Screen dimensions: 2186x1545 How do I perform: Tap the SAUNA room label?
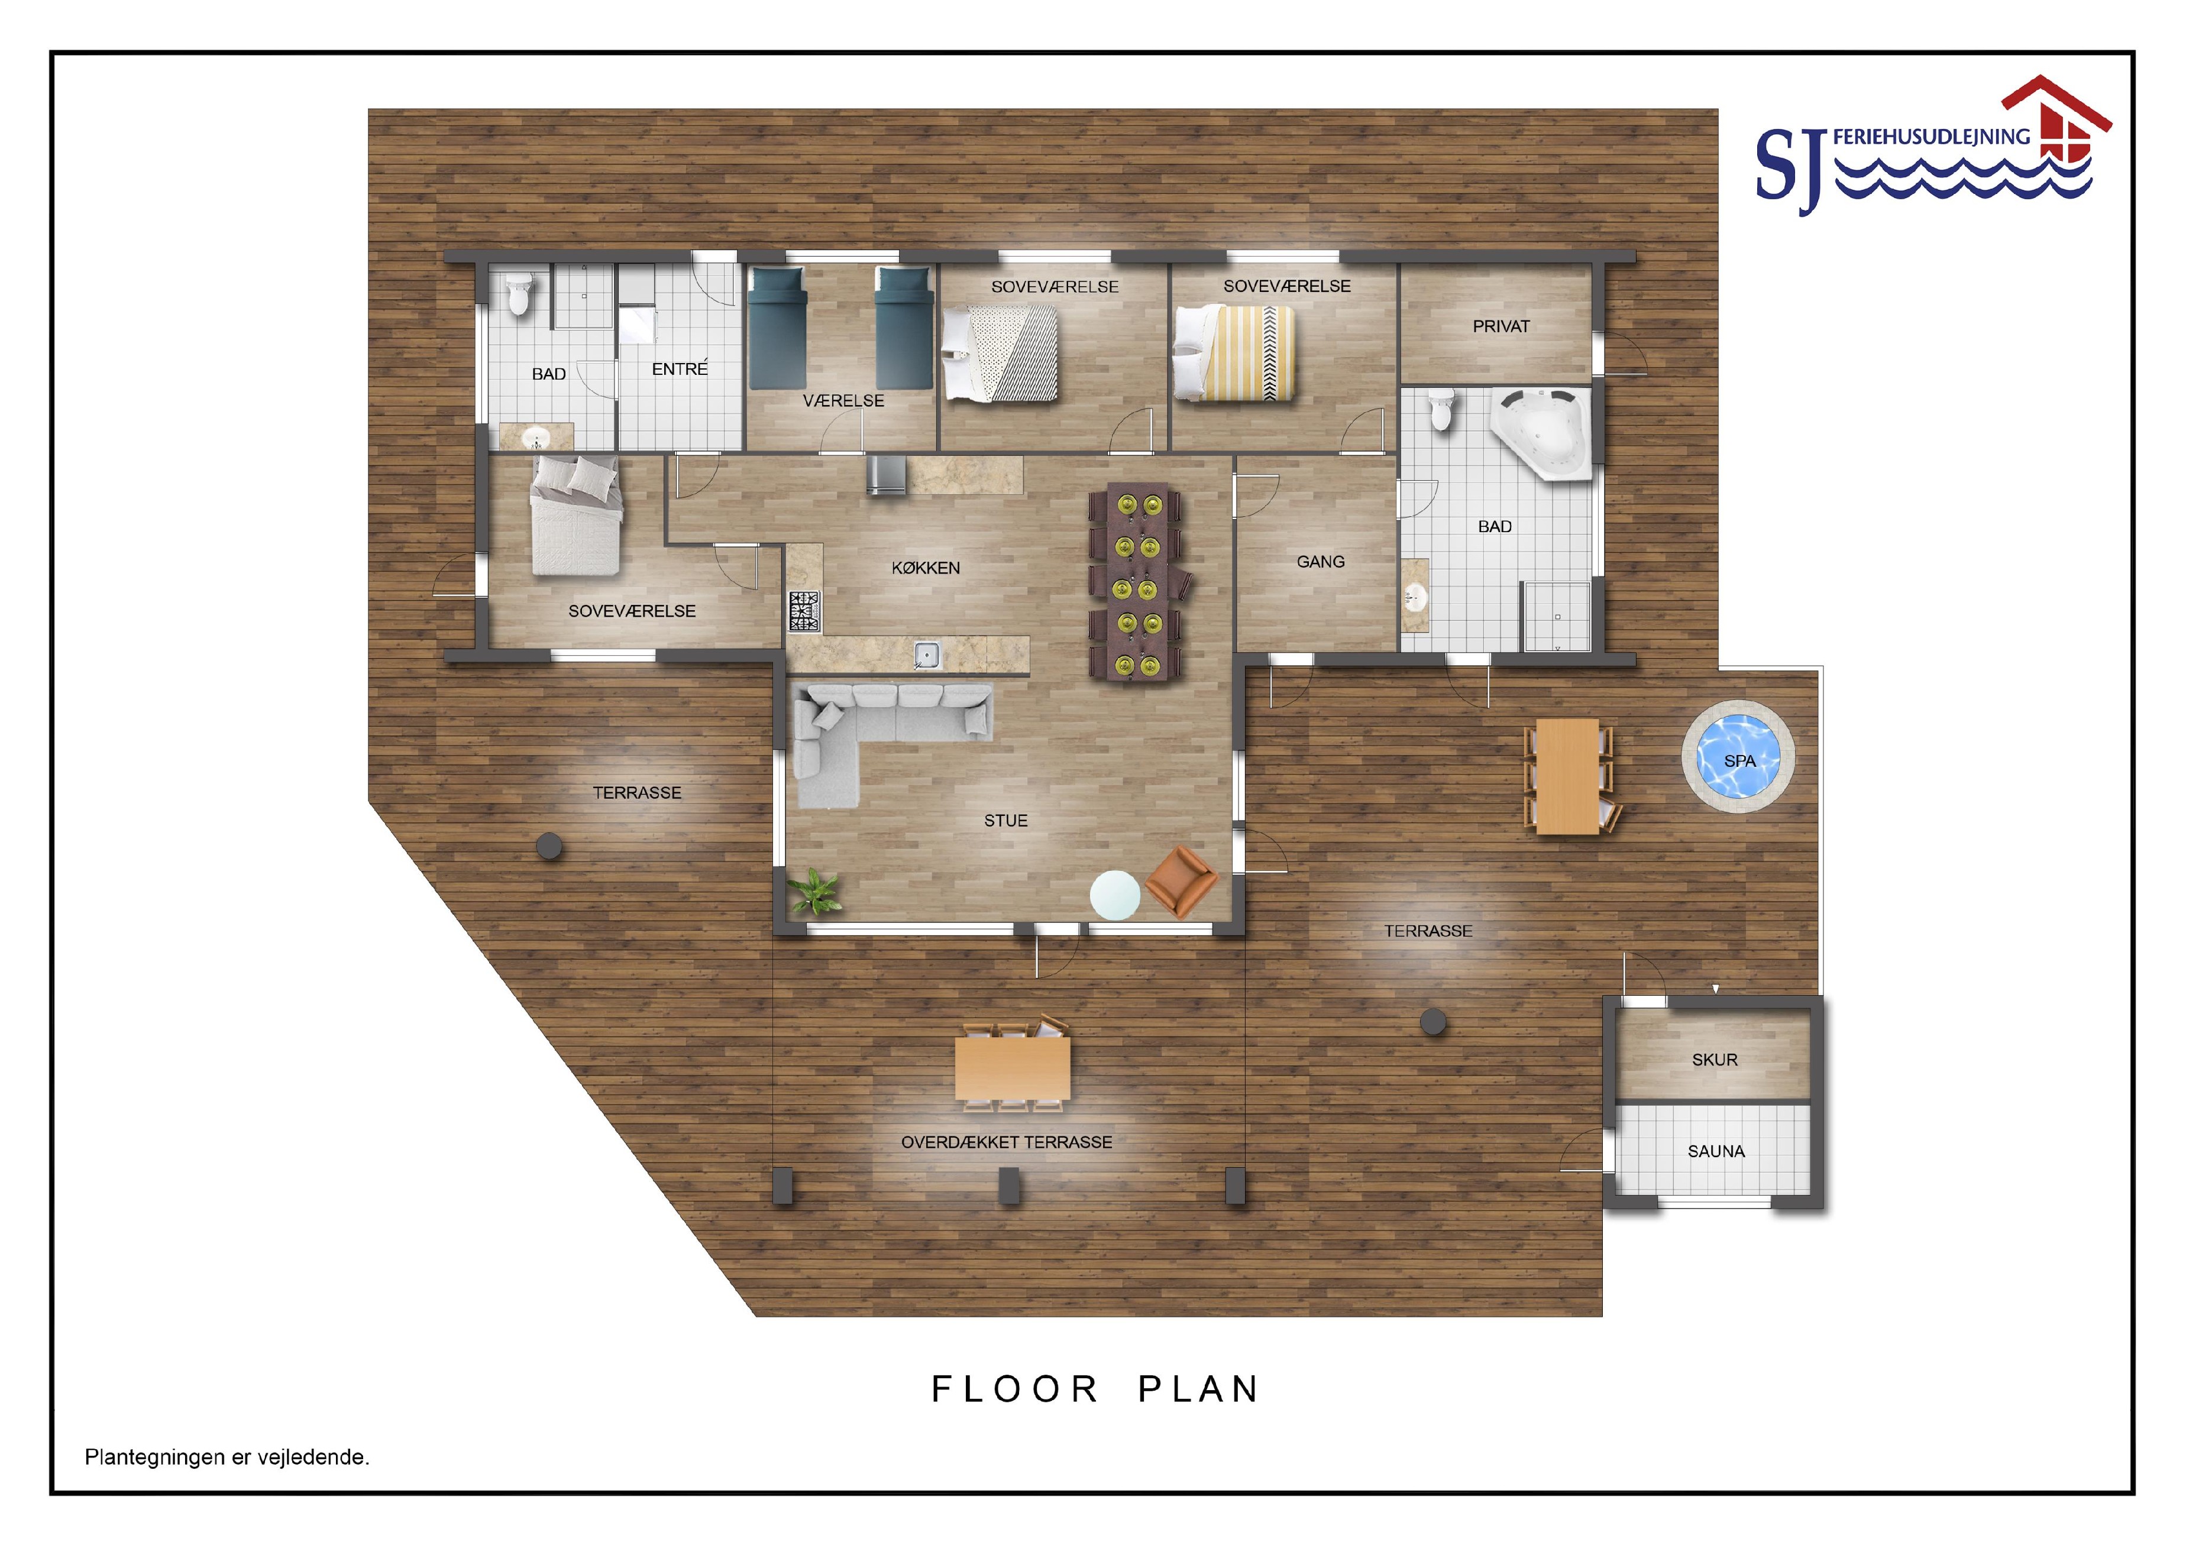1716,1151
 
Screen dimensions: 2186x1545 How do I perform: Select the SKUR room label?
1715,1060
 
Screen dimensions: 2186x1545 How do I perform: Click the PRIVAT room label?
1501,326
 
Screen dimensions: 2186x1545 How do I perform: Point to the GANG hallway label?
1321,562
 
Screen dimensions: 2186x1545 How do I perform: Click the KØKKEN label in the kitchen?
926,568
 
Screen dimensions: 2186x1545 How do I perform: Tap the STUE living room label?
1005,821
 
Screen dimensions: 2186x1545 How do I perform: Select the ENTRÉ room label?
680,368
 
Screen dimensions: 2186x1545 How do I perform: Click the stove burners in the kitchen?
804,611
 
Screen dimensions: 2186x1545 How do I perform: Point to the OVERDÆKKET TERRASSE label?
1007,1142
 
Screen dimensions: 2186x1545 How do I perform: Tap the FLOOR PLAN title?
1095,1390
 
